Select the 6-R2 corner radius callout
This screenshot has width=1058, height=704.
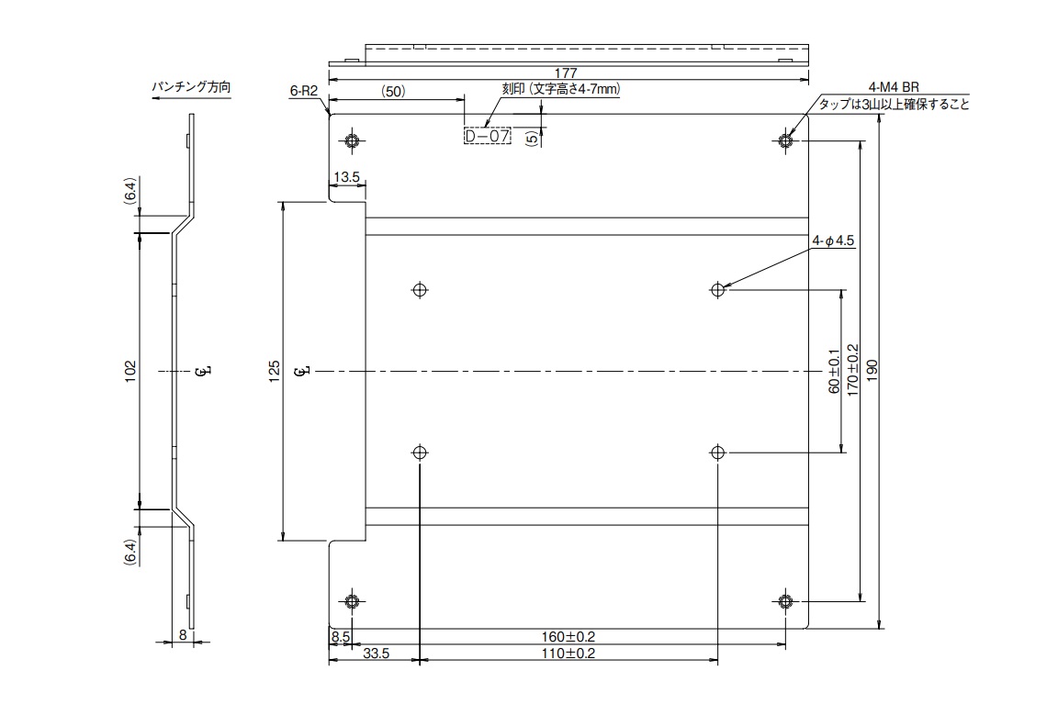302,91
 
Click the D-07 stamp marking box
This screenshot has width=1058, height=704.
487,137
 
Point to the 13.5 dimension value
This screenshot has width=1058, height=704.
347,176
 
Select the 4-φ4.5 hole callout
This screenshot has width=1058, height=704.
833,241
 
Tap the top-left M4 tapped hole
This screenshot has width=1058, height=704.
352,141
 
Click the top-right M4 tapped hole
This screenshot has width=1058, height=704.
785,141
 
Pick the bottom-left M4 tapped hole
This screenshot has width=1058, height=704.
352,601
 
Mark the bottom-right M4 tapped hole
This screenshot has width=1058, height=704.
785,601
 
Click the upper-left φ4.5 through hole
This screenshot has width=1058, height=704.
421,289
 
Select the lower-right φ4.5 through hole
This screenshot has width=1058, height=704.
717,453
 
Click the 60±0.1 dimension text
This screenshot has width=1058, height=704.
833,371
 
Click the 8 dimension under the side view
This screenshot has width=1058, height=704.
184,634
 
